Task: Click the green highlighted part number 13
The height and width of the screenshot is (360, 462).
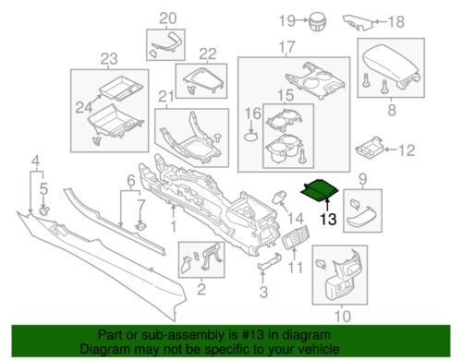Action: coord(320,190)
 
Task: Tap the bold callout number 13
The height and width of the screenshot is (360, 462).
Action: coord(328,220)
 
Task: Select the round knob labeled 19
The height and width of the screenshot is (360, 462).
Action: coord(318,21)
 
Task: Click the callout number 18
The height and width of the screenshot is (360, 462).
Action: coord(395,22)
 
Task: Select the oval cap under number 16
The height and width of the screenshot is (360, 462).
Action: coord(251,136)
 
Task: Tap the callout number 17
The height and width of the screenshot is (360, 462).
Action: coord(286,47)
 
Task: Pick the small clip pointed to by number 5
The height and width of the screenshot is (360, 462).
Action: coord(44,210)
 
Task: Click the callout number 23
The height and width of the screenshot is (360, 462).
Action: coord(109,59)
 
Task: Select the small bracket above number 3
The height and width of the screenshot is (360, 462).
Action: coord(270,261)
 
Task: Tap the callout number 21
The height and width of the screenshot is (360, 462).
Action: coord(166,97)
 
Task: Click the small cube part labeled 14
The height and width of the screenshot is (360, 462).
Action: coord(279,197)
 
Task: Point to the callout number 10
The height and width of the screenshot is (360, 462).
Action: coord(343,316)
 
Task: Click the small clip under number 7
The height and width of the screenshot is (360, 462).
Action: coord(141,227)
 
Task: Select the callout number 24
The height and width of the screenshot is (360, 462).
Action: coord(84,107)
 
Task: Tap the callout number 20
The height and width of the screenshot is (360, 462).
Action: coord(168,18)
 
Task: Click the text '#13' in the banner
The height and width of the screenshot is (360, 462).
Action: coord(254,335)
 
